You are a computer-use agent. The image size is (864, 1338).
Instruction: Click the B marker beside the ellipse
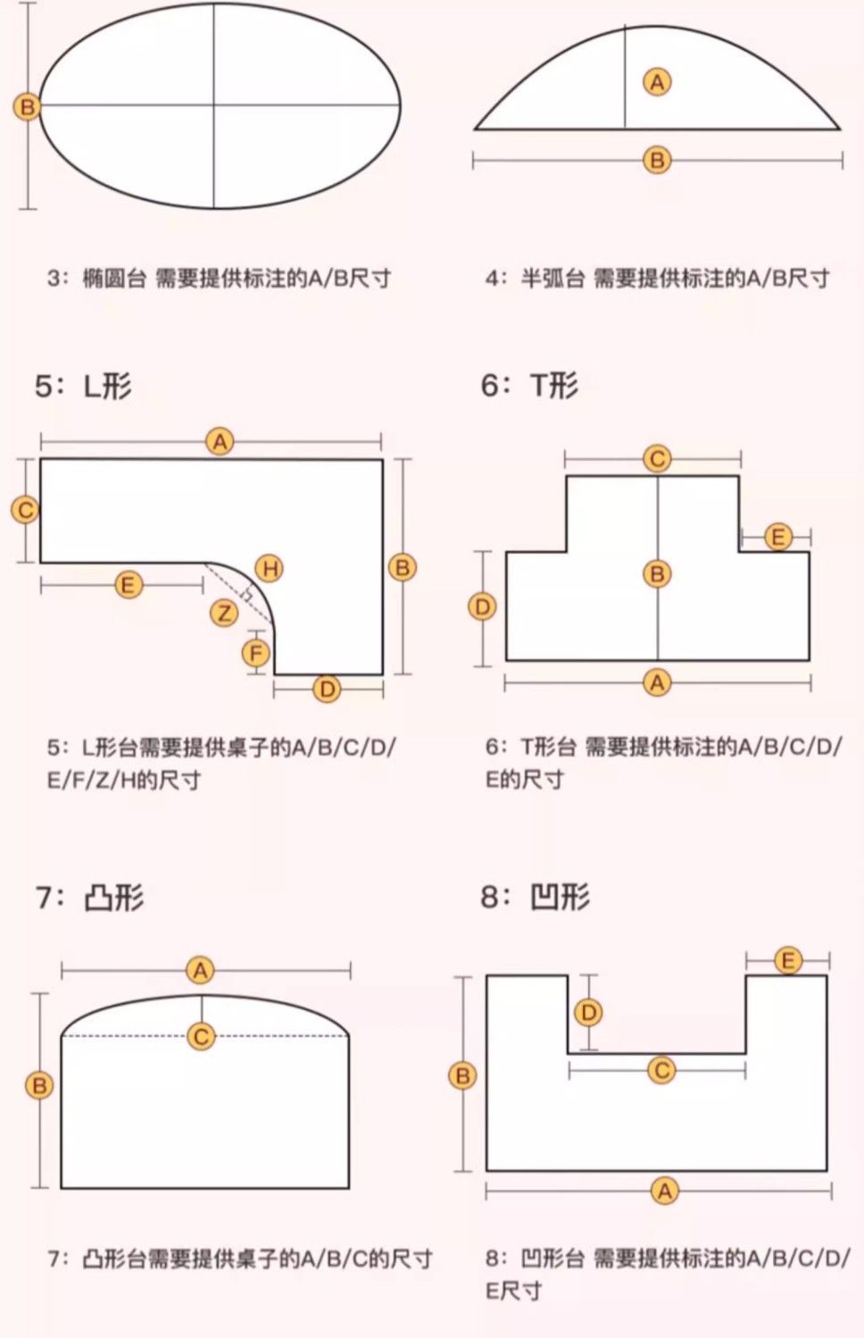pyautogui.click(x=27, y=107)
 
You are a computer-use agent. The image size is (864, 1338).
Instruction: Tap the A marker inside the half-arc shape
pyautogui.click(x=657, y=82)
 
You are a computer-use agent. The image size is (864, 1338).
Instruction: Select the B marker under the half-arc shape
pyautogui.click(x=657, y=161)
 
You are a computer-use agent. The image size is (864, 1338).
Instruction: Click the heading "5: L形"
pyautogui.click(x=83, y=386)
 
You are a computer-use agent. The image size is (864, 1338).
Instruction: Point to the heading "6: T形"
pyautogui.click(x=529, y=385)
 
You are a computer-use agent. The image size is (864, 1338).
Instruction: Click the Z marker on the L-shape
pyautogui.click(x=224, y=613)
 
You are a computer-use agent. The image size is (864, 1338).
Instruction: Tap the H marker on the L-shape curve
pyautogui.click(x=269, y=568)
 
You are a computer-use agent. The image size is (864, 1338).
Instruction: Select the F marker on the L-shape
pyautogui.click(x=256, y=653)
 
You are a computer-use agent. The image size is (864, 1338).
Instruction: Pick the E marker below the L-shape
pyautogui.click(x=129, y=585)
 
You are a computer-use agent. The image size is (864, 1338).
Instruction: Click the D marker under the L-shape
pyautogui.click(x=328, y=689)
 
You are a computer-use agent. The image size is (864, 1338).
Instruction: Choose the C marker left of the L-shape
pyautogui.click(x=25, y=510)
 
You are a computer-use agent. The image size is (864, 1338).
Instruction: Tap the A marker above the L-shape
pyautogui.click(x=220, y=441)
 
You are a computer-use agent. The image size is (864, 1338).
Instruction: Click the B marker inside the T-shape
pyautogui.click(x=657, y=573)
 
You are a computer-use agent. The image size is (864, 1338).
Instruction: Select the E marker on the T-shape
pyautogui.click(x=777, y=537)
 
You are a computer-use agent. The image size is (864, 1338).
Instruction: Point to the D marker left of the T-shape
pyautogui.click(x=482, y=607)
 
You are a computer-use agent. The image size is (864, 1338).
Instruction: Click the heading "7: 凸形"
pyautogui.click(x=89, y=897)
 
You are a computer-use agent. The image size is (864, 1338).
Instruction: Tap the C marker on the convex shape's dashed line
pyautogui.click(x=201, y=1036)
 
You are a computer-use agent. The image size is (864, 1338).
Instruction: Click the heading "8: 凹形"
pyautogui.click(x=535, y=896)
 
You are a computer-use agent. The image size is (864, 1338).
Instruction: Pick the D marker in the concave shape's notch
pyautogui.click(x=588, y=1012)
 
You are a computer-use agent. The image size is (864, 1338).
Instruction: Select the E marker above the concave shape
pyautogui.click(x=787, y=961)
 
